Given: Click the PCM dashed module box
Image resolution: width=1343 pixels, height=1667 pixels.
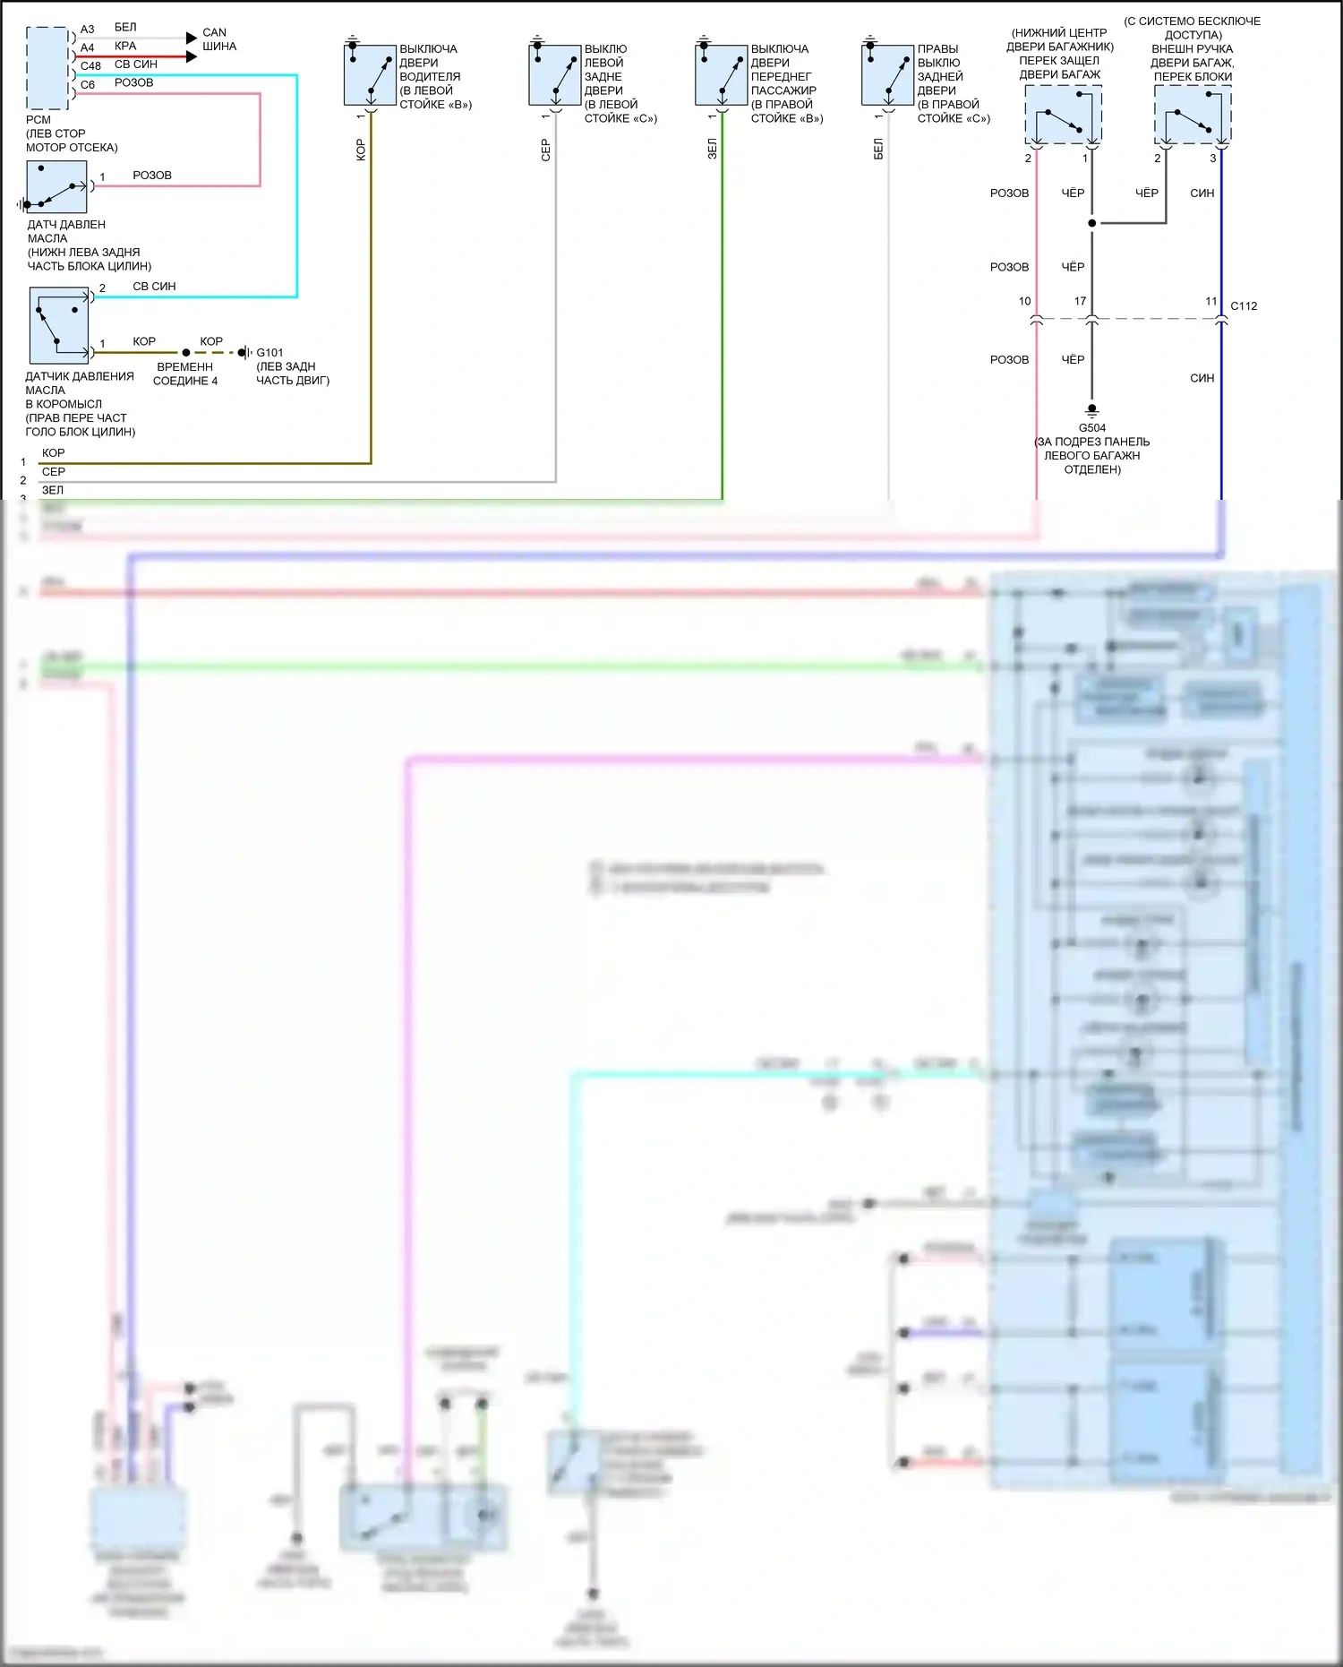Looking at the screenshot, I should [x=47, y=68].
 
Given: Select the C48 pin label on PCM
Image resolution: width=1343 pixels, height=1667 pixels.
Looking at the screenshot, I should [x=90, y=66].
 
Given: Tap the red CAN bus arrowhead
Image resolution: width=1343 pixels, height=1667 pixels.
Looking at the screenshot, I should [x=191, y=56].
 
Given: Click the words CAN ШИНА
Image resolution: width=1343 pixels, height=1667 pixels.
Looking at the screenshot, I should [x=218, y=39].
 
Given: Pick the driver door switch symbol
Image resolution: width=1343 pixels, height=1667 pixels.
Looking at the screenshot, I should [x=370, y=75].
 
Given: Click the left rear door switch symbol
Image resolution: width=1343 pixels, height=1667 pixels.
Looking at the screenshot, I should [x=555, y=75].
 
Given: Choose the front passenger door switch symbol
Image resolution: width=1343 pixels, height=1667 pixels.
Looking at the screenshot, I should [x=721, y=75].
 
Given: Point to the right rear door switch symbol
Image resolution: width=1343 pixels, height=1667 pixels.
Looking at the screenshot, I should [x=887, y=75].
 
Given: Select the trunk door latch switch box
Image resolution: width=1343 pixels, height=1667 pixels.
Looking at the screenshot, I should [x=1063, y=115].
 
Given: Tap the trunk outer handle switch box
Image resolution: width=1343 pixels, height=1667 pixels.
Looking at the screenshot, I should [x=1193, y=115].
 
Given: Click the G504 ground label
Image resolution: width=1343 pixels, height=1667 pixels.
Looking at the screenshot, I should [x=1092, y=428].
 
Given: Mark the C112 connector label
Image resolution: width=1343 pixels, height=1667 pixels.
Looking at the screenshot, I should [x=1244, y=306].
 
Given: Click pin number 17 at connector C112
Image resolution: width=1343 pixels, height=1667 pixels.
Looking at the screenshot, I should [x=1080, y=302].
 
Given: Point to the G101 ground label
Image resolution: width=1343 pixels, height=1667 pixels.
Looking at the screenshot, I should [x=269, y=353].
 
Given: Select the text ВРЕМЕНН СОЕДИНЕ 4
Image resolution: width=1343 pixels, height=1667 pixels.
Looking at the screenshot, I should [x=185, y=374].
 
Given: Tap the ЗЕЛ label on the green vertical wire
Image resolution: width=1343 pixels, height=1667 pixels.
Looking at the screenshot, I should [x=713, y=149].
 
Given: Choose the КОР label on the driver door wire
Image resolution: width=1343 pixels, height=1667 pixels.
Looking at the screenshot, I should [x=361, y=150].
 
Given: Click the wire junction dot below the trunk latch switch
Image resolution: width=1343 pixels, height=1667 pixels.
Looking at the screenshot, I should [x=1091, y=223].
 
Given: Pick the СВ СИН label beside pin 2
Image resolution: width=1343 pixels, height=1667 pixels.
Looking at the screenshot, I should [x=154, y=287].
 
